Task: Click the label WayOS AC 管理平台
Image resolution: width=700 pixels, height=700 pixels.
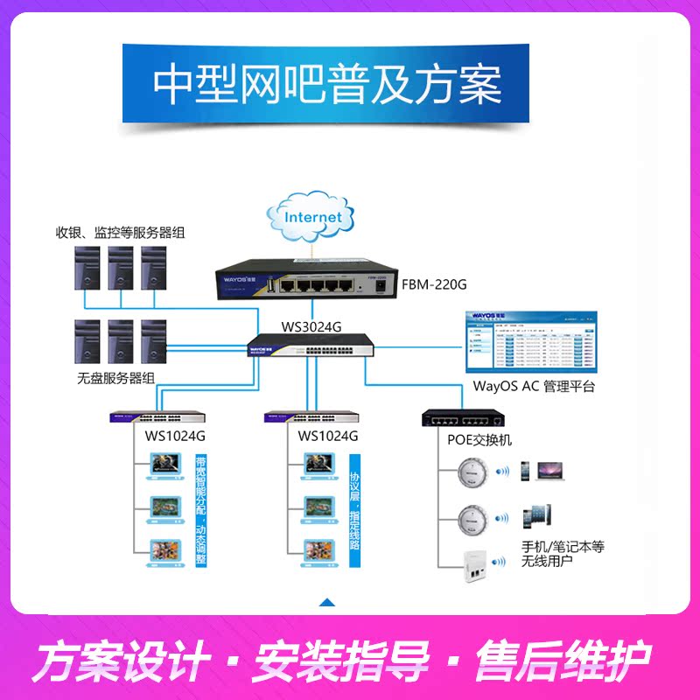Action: click(x=533, y=386)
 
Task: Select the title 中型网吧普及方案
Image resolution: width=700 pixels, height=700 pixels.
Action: click(x=327, y=84)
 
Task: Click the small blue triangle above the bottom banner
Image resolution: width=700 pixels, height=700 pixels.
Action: click(x=327, y=602)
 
